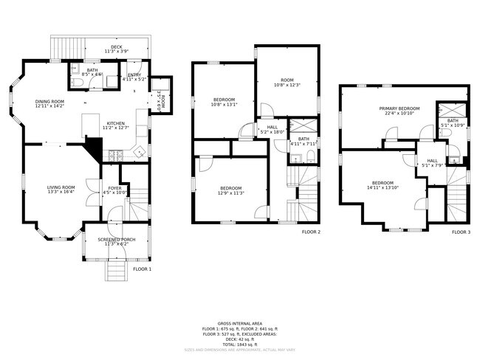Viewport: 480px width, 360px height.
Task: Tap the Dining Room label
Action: click(50, 104)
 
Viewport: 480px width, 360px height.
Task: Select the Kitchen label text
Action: click(117, 125)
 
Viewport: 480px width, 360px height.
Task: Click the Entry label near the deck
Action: click(135, 76)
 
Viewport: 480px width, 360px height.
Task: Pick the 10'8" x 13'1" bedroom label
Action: click(224, 102)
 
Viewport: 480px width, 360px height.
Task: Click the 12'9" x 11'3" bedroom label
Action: click(231, 190)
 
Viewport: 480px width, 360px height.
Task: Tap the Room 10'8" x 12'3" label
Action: click(287, 83)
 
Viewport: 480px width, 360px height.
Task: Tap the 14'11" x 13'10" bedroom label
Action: click(382, 185)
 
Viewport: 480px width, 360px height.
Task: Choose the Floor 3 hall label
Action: click(432, 162)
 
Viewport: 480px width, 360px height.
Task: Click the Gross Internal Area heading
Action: click(239, 323)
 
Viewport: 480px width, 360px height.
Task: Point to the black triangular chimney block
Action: click(94, 150)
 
